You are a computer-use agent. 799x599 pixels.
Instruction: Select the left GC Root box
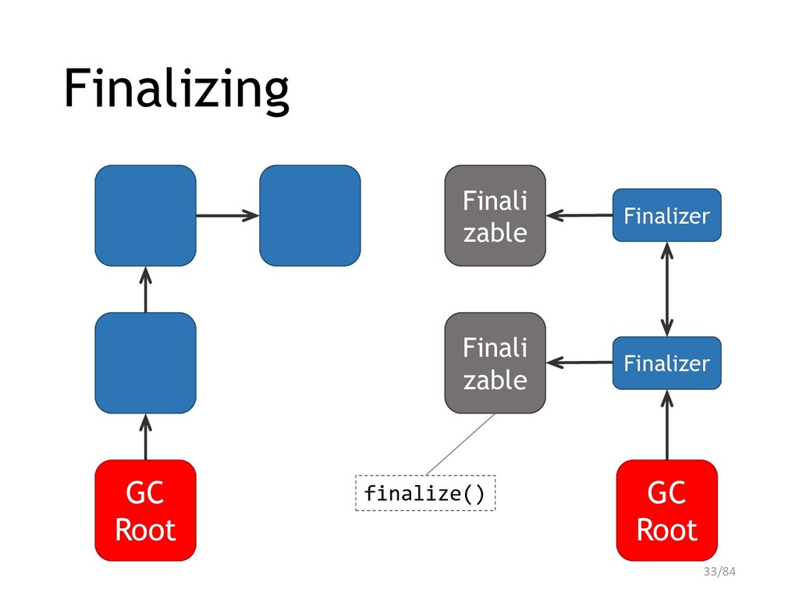(146, 510)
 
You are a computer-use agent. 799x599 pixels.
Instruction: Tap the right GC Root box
(667, 510)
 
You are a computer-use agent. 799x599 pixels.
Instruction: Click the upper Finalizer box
(667, 215)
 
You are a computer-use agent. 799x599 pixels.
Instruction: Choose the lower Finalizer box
(667, 363)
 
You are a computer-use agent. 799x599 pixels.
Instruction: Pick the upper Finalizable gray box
(495, 215)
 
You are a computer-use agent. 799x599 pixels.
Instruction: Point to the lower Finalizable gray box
(495, 363)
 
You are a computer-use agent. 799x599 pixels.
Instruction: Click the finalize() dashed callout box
(425, 493)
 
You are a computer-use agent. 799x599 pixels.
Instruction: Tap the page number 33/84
(719, 572)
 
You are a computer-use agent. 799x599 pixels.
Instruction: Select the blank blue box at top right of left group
(311, 215)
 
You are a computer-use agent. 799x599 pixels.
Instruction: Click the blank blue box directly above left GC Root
(146, 363)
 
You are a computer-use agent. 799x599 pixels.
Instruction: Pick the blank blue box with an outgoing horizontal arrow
(146, 215)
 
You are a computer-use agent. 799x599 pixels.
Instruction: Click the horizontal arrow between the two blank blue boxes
(228, 215)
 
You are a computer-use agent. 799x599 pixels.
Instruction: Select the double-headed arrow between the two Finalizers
(667, 289)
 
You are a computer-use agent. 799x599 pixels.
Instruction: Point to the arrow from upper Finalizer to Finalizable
(580, 215)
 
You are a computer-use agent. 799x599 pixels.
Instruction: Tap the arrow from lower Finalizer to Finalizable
(580, 363)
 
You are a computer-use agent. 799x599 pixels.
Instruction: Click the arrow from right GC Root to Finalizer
(667, 425)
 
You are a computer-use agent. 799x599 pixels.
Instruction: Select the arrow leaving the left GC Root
(146, 437)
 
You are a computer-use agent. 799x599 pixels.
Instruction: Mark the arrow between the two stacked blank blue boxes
(146, 289)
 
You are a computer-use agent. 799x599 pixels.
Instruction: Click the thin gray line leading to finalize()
(460, 444)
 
